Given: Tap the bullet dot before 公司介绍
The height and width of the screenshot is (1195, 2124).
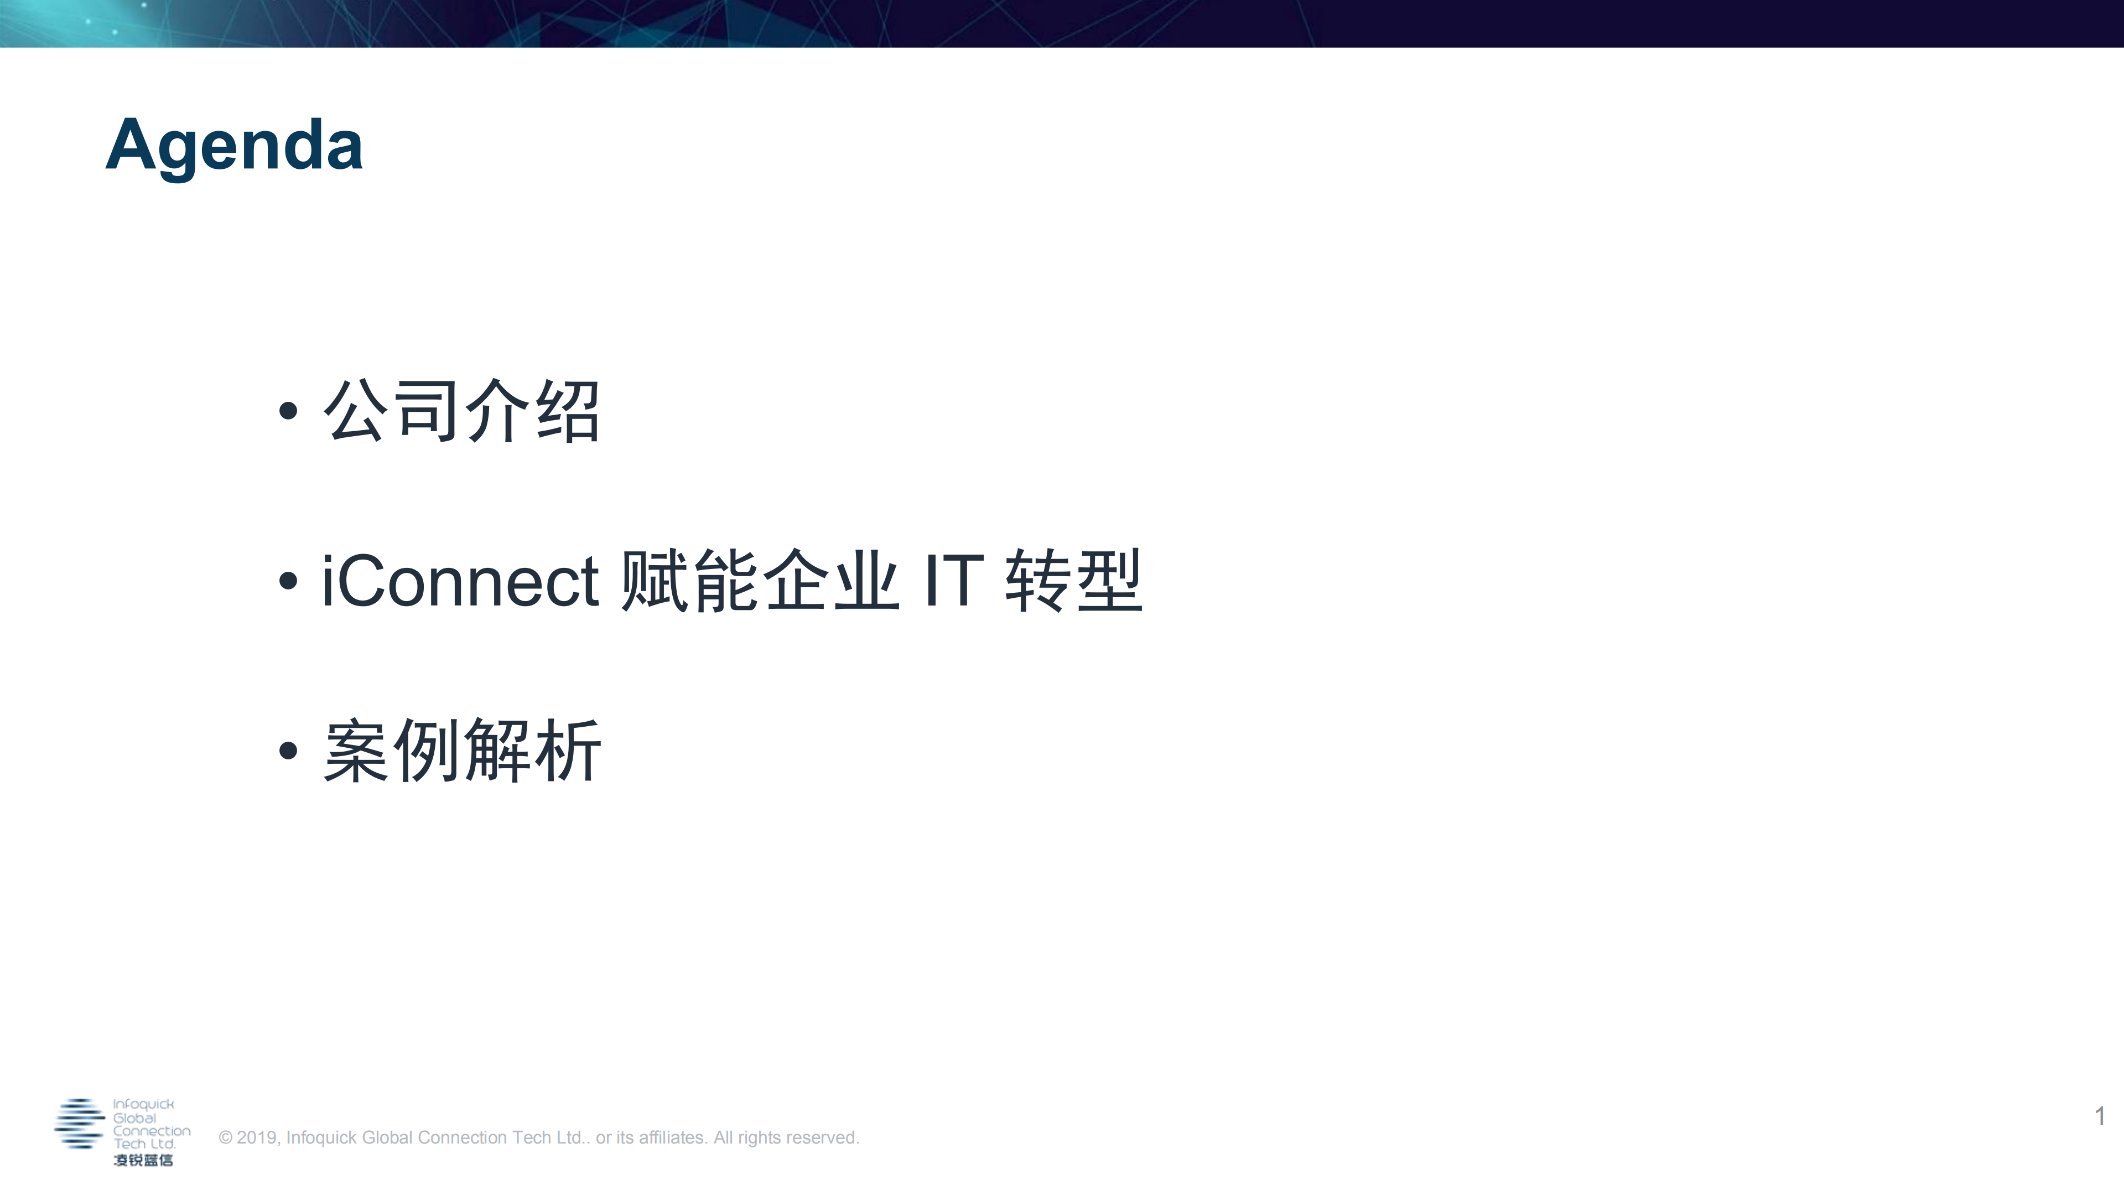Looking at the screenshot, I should click(x=288, y=411).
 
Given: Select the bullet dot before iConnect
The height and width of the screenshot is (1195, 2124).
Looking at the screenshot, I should click(x=288, y=581).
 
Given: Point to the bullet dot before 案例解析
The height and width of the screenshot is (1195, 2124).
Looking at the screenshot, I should click(x=288, y=751).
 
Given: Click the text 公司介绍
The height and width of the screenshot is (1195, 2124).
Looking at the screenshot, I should click(x=462, y=411).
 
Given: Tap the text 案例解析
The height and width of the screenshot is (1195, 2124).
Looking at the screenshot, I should click(x=462, y=751).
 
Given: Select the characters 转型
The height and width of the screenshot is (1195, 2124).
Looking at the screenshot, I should click(x=1073, y=581).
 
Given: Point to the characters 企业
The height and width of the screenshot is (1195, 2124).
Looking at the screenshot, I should click(x=831, y=581).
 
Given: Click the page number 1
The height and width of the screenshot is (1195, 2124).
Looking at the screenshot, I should click(x=2099, y=1116).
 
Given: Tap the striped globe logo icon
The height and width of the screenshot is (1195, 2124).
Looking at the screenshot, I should click(x=79, y=1123).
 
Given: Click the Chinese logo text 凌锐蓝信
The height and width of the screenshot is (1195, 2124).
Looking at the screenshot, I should click(x=143, y=1160).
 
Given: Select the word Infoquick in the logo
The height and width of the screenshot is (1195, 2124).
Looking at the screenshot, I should click(x=143, y=1104).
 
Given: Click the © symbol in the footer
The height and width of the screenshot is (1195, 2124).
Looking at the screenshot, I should click(x=225, y=1138).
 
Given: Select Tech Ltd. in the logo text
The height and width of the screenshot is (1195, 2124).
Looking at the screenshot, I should click(x=144, y=1145).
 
